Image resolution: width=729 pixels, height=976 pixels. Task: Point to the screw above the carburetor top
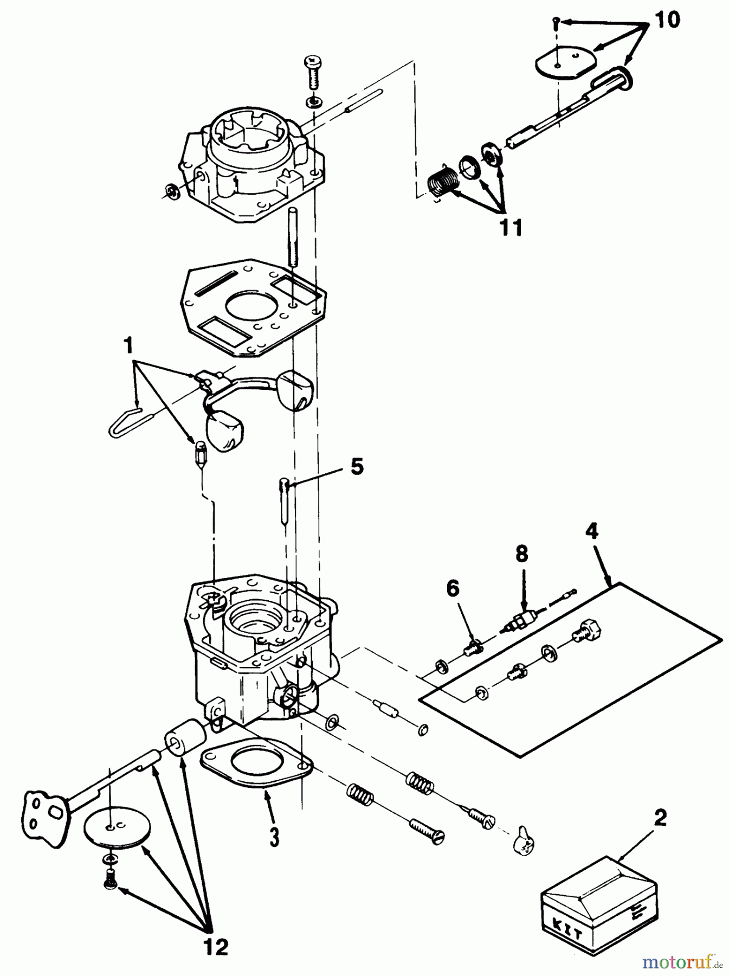(x=313, y=72)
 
